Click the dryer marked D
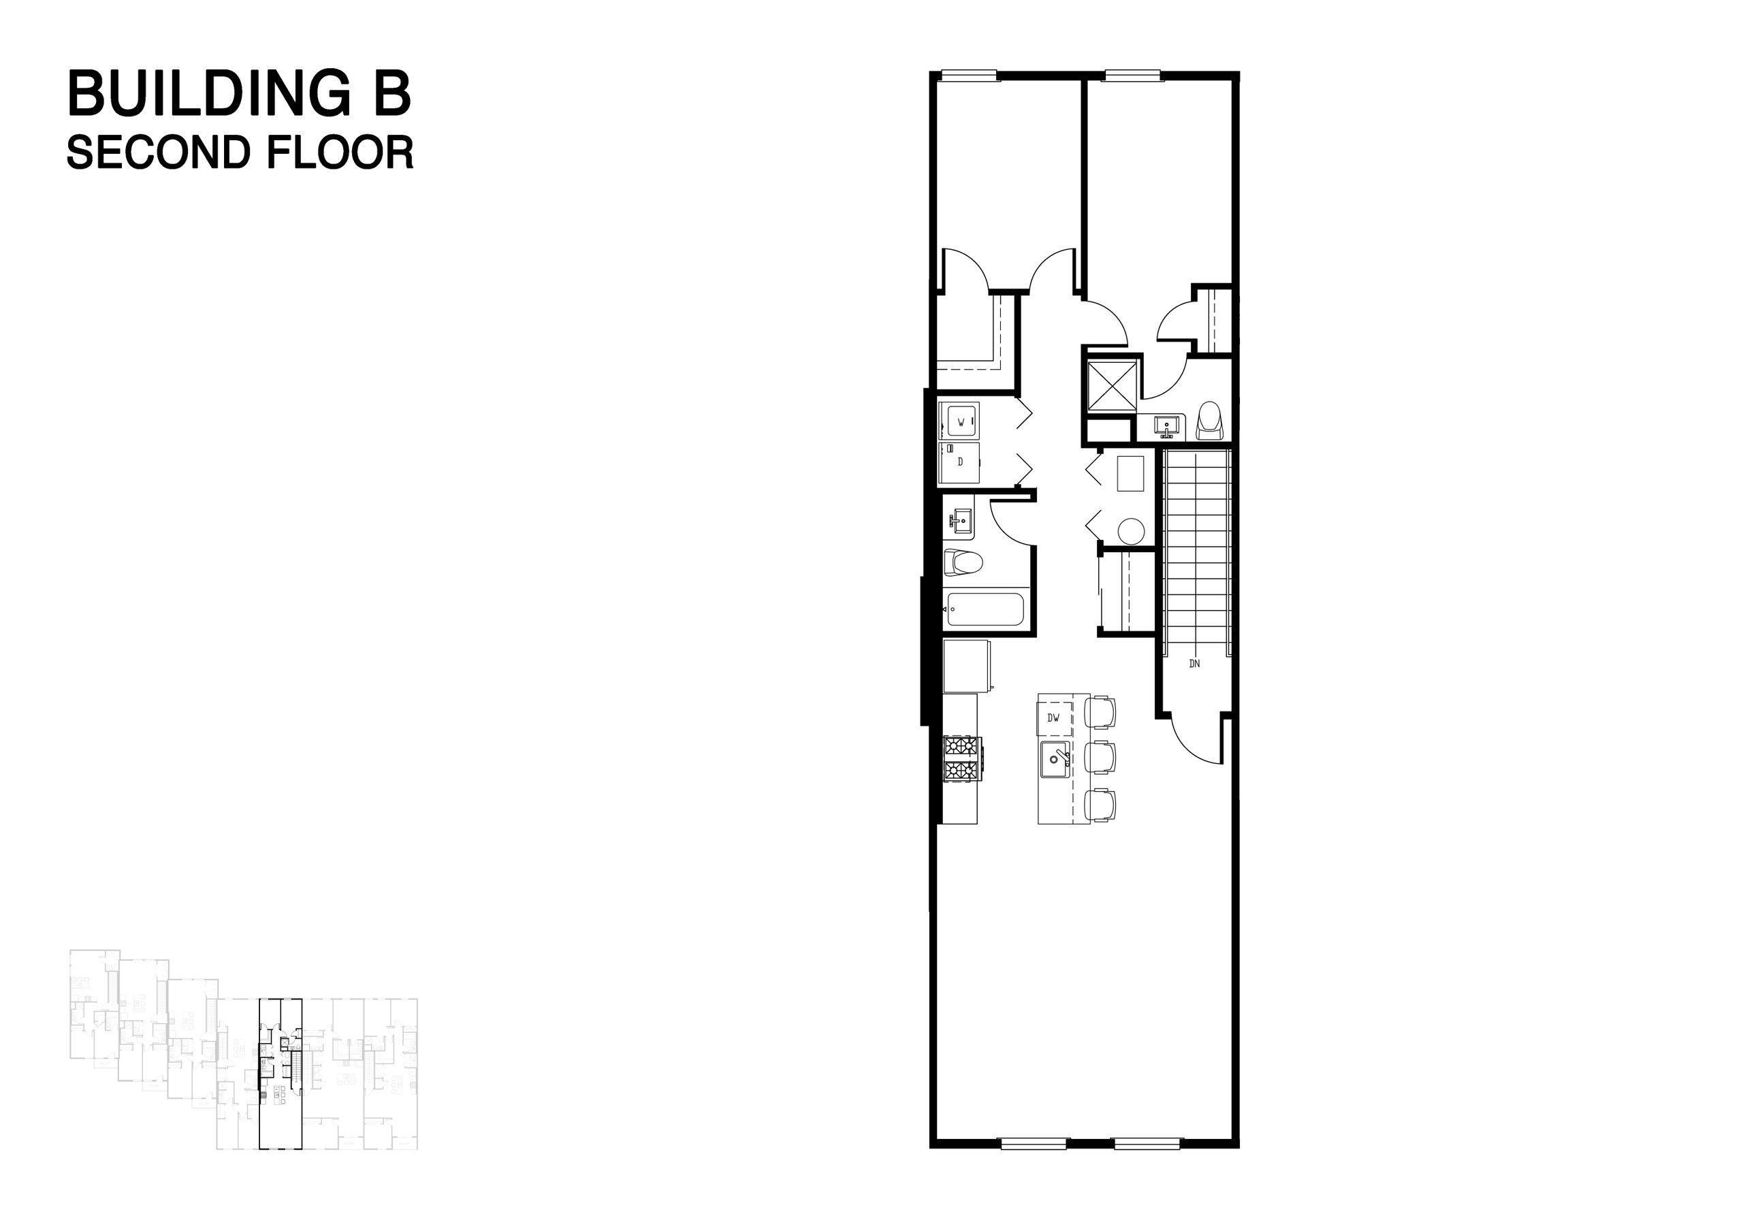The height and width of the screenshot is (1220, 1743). [x=960, y=462]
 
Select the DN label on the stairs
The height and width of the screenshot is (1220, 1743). [x=1194, y=664]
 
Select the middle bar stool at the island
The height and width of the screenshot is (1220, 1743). [x=1100, y=758]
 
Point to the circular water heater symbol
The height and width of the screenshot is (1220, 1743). [x=1131, y=530]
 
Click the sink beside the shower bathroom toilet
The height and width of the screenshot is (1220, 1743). [x=1167, y=426]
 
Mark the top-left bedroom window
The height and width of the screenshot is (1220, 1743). [x=969, y=74]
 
